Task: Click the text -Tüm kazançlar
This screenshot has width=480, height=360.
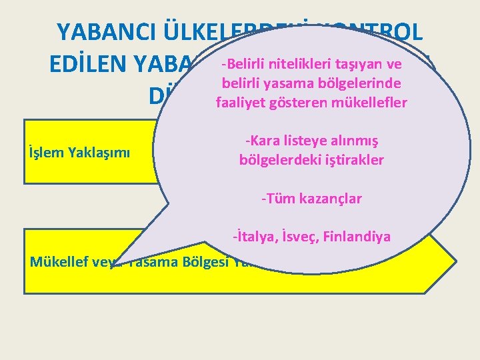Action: [x=311, y=198]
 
